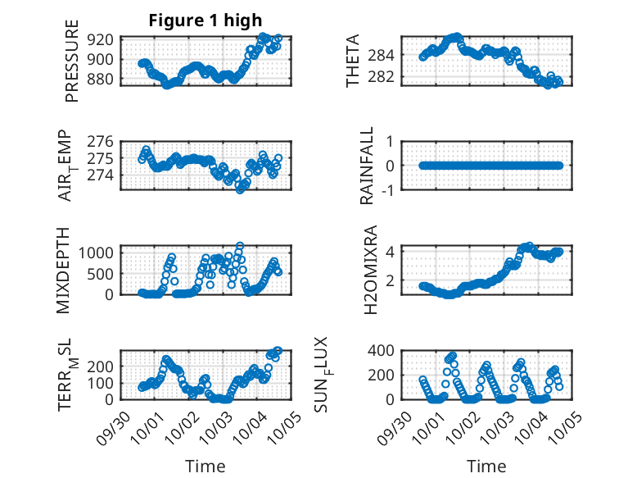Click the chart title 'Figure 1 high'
206,21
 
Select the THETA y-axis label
353,61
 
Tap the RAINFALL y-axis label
368,166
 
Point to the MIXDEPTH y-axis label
64,270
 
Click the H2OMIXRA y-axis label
369,270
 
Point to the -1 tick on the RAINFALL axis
387,190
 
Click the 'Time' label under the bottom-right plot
486,466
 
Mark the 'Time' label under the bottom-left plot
206,466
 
